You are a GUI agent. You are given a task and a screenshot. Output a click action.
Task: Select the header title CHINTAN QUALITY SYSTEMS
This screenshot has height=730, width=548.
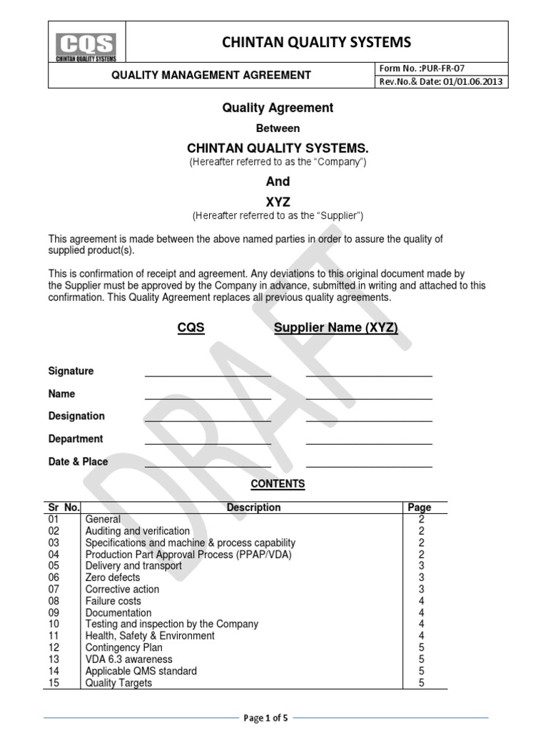click(x=317, y=42)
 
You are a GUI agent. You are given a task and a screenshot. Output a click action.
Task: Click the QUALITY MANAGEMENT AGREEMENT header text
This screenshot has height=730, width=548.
click(x=212, y=75)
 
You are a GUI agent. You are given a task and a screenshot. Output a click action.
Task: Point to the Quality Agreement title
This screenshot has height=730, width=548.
click(x=278, y=108)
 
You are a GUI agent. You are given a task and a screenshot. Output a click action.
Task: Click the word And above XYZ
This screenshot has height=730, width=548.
click(x=278, y=181)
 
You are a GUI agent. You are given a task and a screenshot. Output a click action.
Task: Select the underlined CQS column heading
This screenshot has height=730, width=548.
click(x=191, y=328)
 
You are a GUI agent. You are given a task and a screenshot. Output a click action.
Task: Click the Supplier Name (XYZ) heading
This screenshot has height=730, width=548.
click(x=336, y=328)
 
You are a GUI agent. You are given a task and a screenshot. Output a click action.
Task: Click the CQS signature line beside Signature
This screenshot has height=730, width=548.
click(x=208, y=374)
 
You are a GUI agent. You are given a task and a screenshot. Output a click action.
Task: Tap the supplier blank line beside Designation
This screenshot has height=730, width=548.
click(x=369, y=420)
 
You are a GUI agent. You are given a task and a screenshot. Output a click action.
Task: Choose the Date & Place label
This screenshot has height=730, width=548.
click(x=78, y=461)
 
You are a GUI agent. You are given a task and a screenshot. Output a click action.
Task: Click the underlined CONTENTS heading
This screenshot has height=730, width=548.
click(x=278, y=484)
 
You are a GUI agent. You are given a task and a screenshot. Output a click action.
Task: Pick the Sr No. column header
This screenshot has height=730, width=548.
click(x=64, y=508)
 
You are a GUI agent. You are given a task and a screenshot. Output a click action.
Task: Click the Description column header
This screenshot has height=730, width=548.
click(x=253, y=508)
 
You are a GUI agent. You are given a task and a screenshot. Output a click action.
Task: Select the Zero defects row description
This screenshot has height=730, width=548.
click(x=113, y=577)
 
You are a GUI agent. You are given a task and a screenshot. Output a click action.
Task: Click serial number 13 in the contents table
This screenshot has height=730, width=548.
click(x=54, y=659)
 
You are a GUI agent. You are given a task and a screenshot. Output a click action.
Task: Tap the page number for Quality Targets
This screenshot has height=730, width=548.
click(x=421, y=683)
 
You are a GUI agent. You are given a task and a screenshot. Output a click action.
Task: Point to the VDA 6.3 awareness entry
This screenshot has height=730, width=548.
click(x=128, y=659)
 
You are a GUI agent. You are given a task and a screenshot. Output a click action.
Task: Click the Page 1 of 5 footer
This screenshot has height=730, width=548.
click(x=265, y=718)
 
